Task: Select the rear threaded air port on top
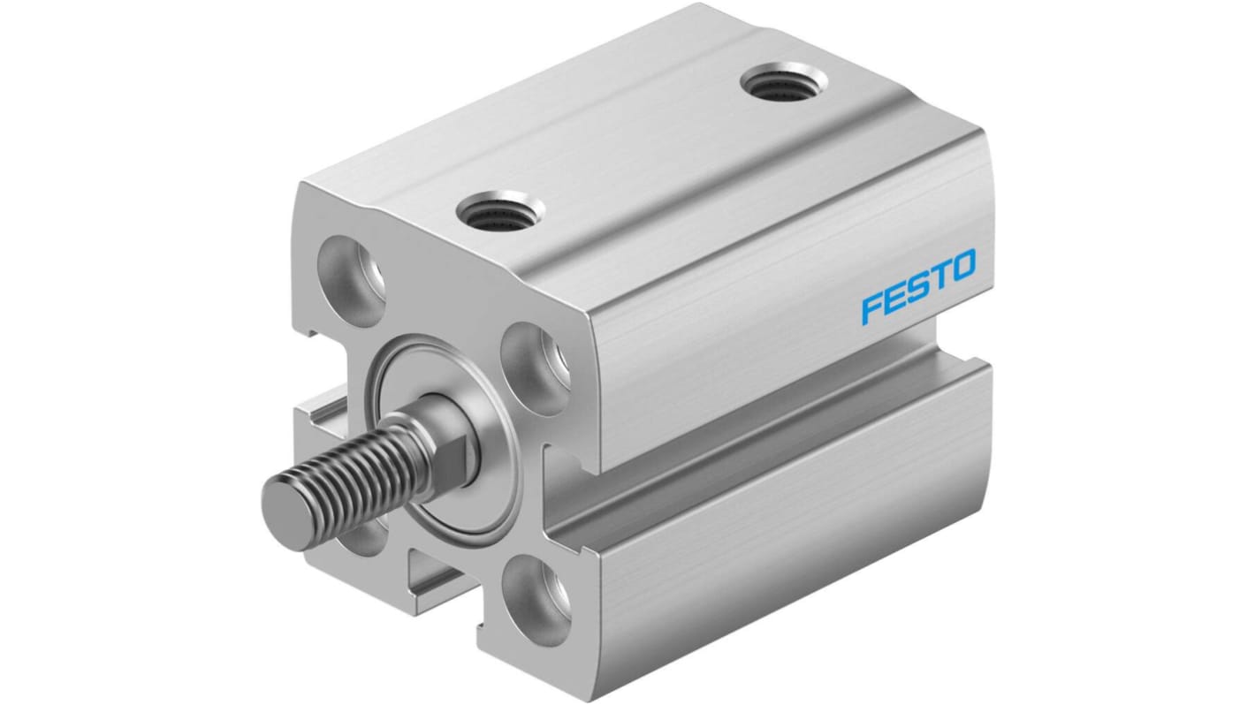point(784,86)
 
